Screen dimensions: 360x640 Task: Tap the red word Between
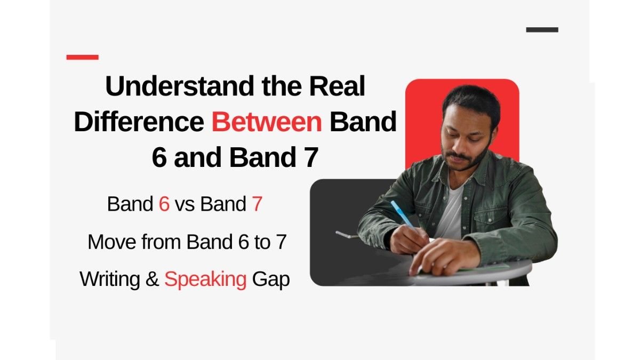[x=267, y=123]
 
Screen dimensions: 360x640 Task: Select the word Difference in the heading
[x=139, y=123]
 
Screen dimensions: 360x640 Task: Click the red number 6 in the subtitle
[x=164, y=205]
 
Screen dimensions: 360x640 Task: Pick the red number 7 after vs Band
[x=257, y=205]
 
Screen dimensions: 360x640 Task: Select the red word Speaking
[x=205, y=279]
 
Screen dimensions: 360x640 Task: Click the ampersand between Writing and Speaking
[x=153, y=279]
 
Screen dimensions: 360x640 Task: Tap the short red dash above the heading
[x=82, y=57]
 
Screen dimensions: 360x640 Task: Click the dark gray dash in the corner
[x=542, y=30]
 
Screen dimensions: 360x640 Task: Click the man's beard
[x=469, y=159]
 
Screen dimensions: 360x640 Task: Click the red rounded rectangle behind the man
[x=421, y=117]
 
